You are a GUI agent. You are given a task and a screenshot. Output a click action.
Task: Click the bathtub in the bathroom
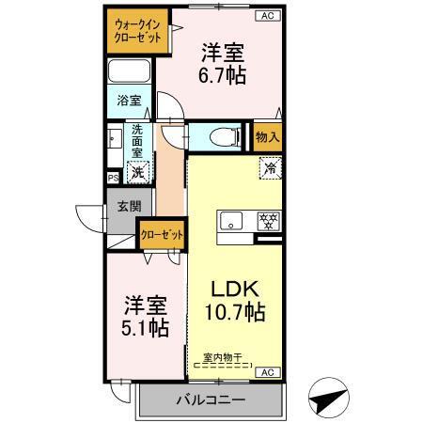[x=130, y=71]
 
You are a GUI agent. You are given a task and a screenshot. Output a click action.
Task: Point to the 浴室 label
[x=129, y=100]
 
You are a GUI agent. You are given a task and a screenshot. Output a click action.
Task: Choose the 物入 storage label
[x=268, y=137]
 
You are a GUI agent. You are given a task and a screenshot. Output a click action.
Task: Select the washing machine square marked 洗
[x=138, y=171]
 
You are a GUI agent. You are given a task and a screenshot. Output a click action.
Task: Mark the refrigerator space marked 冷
[x=270, y=170]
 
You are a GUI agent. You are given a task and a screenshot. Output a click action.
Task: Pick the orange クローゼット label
[x=161, y=234]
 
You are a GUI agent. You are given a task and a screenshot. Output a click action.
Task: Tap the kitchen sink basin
[x=231, y=223]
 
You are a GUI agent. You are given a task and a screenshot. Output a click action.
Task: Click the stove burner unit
[x=269, y=223]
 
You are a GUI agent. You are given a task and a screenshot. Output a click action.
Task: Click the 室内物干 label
[x=223, y=358]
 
